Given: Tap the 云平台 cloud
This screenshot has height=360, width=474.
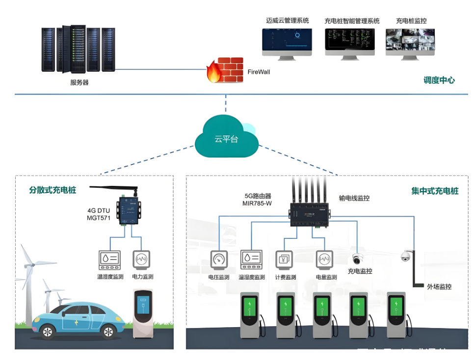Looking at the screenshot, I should pyautogui.click(x=226, y=137).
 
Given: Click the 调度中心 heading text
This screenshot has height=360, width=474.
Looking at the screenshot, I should pyautogui.click(x=439, y=80).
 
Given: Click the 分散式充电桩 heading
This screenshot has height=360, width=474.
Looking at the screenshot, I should pyautogui.click(x=53, y=190).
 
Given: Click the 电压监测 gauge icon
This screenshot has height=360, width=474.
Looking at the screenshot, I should pyautogui.click(x=219, y=259).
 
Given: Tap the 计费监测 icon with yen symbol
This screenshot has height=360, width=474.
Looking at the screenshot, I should pyautogui.click(x=284, y=259).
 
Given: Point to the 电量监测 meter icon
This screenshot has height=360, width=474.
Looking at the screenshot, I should pyautogui.click(x=324, y=259).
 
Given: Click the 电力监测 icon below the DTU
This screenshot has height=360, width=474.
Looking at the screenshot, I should pyautogui.click(x=142, y=259).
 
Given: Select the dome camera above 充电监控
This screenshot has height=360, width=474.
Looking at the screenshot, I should pyautogui.click(x=357, y=258).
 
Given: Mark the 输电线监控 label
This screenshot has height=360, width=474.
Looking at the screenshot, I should pyautogui.click(x=354, y=199).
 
